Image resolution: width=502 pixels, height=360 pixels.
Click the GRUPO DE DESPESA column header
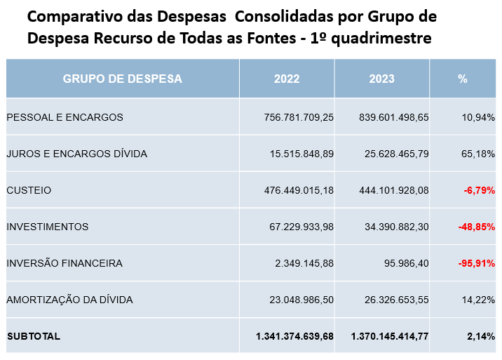[123, 79]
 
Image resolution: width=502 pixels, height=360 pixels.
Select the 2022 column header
[287, 79]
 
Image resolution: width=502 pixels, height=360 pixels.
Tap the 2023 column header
[381, 79]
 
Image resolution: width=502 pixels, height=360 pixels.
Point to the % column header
[462, 79]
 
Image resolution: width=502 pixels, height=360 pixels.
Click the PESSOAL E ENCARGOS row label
[65, 117]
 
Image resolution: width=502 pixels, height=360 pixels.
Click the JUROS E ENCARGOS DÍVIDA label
[77, 154]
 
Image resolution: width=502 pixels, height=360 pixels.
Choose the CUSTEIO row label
[29, 190]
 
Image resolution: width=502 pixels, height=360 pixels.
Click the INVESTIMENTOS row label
[48, 227]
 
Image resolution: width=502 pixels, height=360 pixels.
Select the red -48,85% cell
[477, 227]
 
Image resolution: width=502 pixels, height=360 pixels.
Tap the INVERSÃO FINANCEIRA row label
[65, 263]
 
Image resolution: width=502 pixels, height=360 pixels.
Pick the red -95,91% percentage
[477, 263]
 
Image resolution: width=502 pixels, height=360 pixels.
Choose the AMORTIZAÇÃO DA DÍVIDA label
[69, 300]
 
